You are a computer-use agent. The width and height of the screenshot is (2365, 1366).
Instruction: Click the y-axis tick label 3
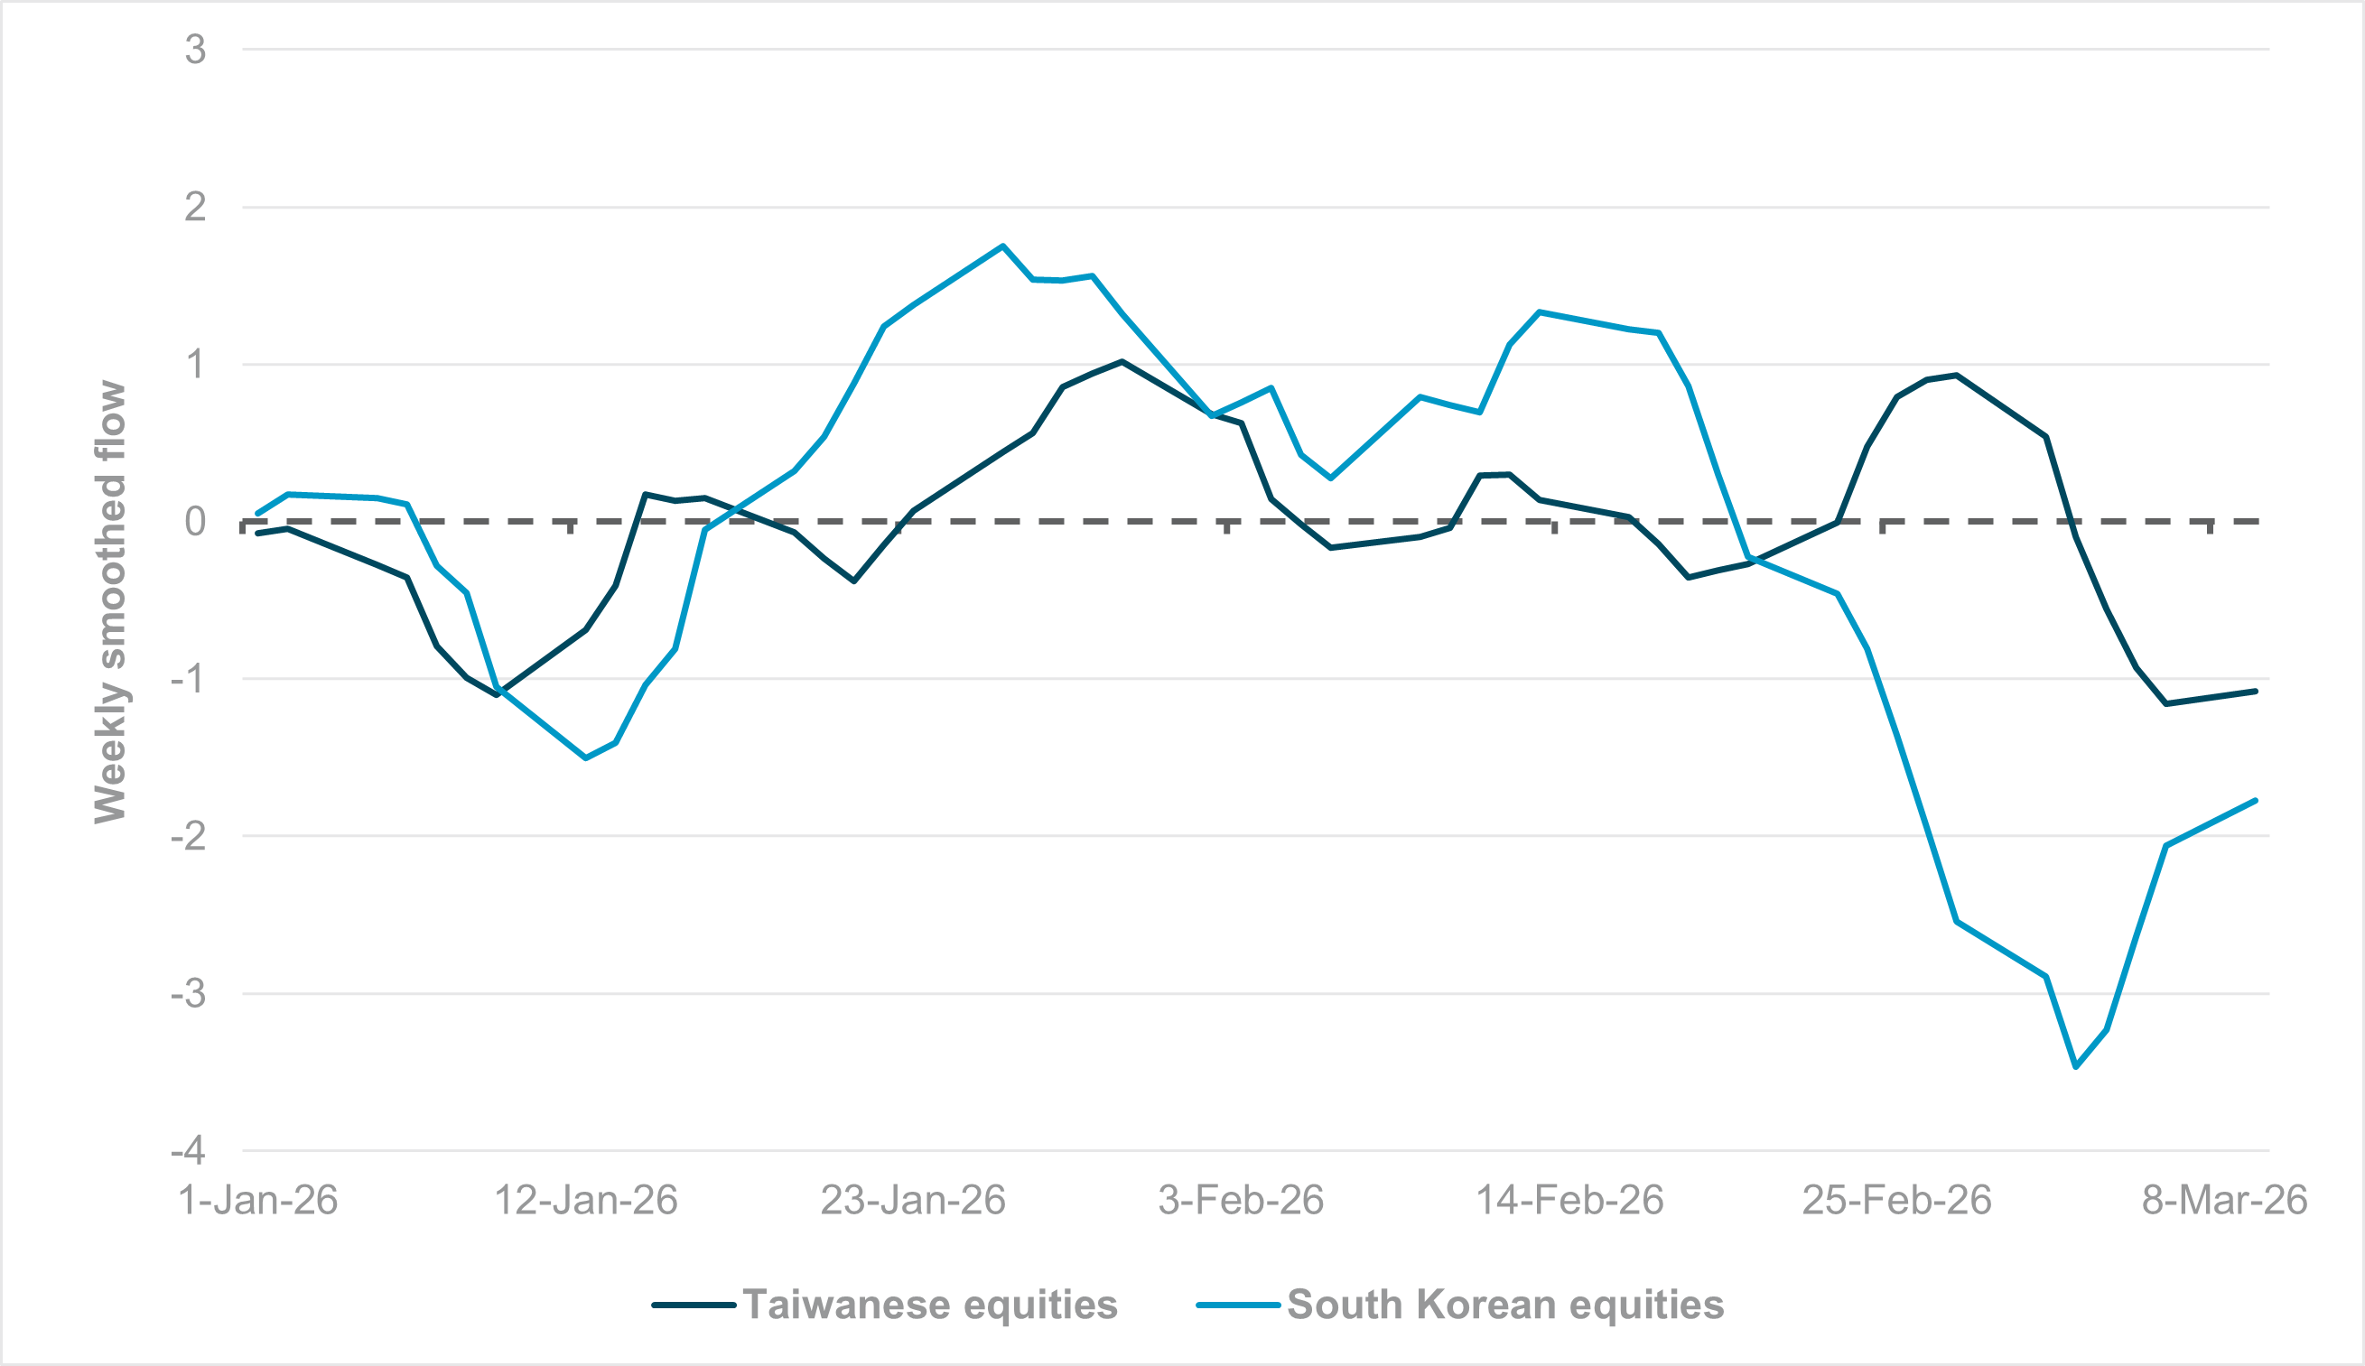[x=195, y=50]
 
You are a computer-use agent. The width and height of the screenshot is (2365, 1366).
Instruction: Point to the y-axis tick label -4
[x=189, y=1149]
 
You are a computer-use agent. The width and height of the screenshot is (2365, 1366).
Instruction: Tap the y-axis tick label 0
[x=195, y=522]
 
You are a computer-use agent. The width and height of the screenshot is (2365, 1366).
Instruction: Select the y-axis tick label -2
[x=189, y=835]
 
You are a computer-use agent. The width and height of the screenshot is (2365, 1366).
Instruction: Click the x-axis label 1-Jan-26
[x=258, y=1201]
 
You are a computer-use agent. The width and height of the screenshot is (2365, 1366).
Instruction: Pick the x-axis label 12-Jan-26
[x=585, y=1201]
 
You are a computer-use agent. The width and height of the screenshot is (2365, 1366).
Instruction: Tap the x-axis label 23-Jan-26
[x=913, y=1201]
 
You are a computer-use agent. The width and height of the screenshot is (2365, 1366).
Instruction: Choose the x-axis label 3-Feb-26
[x=1240, y=1201]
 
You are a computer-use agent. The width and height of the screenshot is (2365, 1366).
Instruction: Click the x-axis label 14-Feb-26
[x=1569, y=1201]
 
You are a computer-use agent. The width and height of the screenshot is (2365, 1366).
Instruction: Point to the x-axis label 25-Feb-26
[x=1897, y=1201]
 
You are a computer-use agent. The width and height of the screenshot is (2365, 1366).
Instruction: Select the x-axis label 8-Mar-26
[x=2224, y=1201]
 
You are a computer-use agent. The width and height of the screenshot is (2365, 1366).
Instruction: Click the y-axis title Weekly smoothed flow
[x=110, y=602]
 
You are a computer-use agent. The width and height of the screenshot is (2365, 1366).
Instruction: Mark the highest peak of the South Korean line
[x=1003, y=246]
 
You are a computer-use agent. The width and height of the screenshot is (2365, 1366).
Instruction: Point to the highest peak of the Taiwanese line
[x=1122, y=361]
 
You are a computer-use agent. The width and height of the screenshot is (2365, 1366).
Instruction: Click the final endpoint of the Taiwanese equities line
[x=2255, y=692]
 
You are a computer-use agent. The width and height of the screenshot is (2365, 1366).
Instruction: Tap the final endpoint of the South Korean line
[x=2255, y=800]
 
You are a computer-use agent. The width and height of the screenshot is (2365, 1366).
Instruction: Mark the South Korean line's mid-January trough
[x=585, y=758]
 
